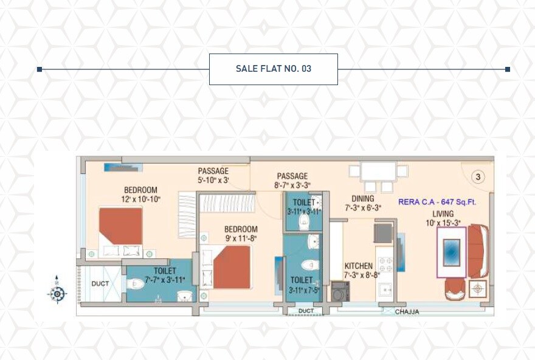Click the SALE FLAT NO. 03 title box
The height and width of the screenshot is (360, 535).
tap(273, 69)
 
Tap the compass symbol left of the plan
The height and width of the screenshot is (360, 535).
tap(57, 294)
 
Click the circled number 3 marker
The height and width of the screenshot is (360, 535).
tap(478, 177)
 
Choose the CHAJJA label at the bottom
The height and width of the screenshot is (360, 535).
tap(407, 312)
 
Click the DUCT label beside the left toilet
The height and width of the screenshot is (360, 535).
tap(100, 283)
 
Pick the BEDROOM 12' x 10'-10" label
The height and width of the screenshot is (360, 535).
tap(140, 194)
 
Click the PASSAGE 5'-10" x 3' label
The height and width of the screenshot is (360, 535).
tap(213, 176)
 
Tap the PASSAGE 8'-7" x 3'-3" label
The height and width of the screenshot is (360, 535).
tap(292, 181)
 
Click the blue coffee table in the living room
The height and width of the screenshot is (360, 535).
tap(451, 252)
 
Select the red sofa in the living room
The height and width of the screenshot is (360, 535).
tap(478, 251)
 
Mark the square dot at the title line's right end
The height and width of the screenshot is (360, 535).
tap(508, 69)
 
